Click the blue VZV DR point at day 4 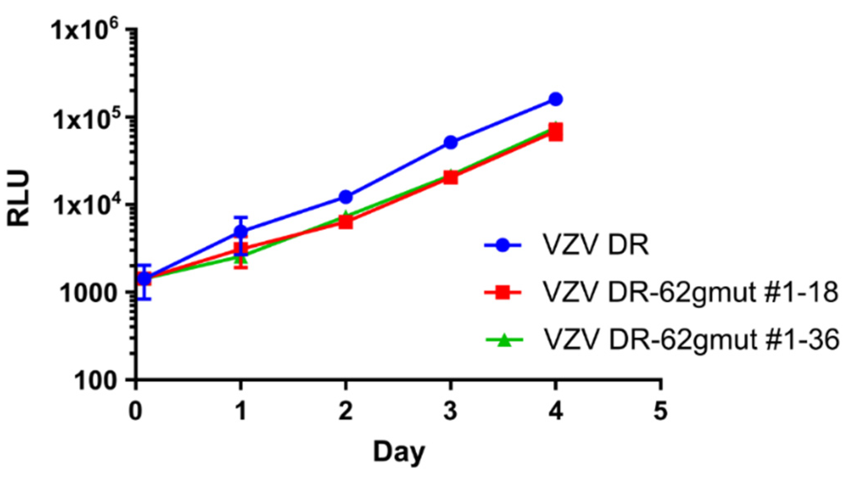pos(555,99)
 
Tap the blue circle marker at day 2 pos(346,197)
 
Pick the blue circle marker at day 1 pos(241,231)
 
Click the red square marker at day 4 pos(555,132)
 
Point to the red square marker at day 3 pos(450,178)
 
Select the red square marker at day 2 pos(346,222)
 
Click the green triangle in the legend pos(503,341)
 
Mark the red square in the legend pos(503,293)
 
